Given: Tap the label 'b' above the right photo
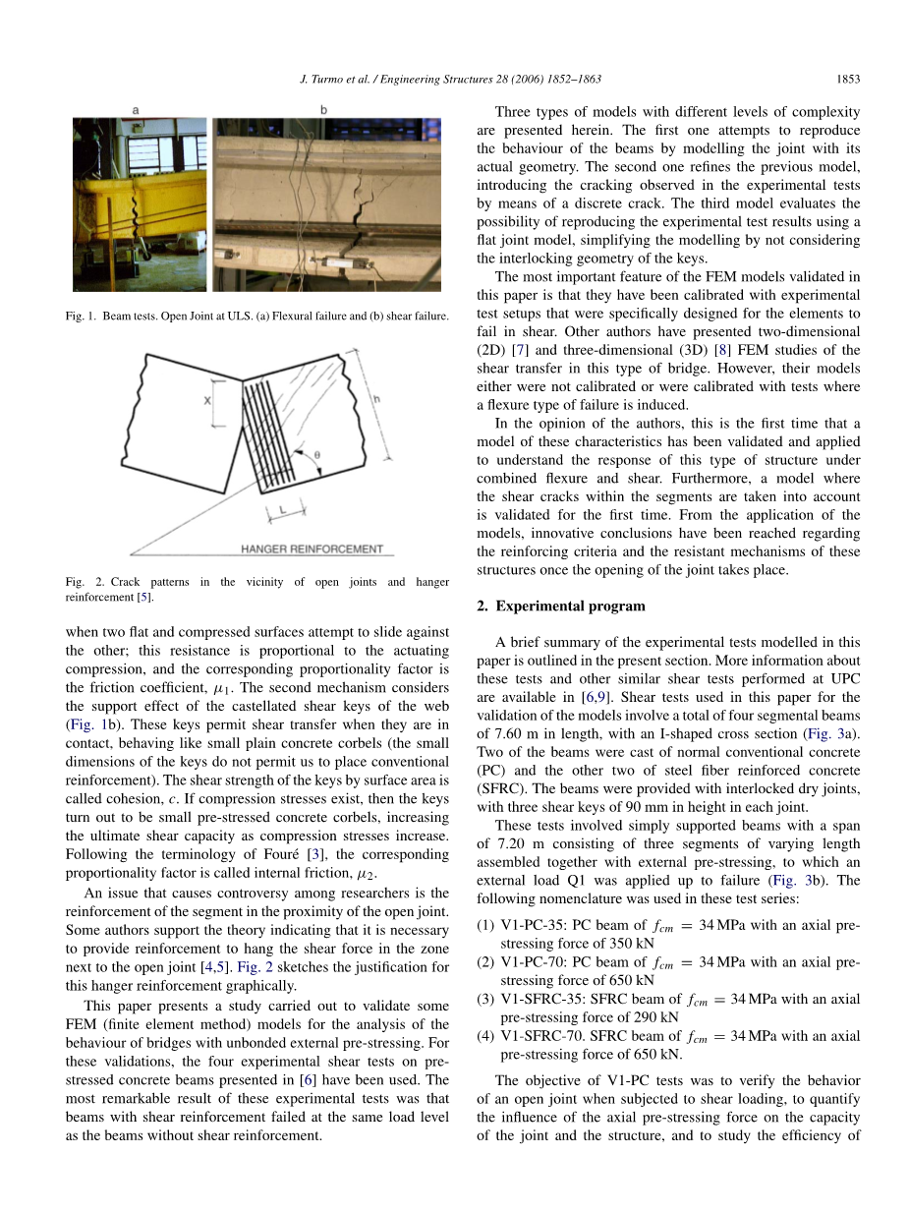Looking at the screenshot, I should [323, 110].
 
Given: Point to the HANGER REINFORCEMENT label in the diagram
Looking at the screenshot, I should [312, 549].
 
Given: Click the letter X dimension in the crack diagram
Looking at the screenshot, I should [207, 401].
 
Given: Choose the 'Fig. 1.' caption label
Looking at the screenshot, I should [84, 316].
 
